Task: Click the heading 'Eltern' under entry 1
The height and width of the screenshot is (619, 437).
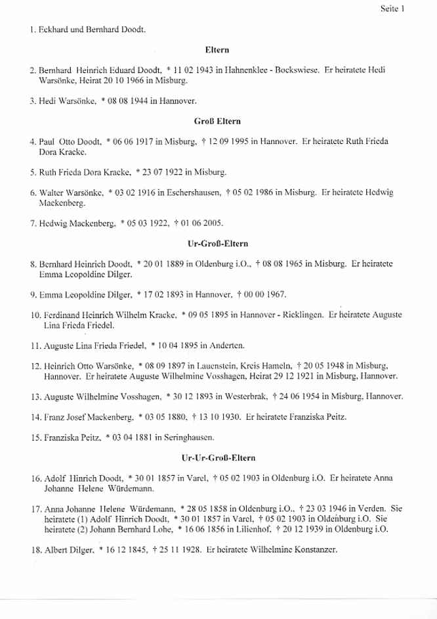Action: click(x=217, y=49)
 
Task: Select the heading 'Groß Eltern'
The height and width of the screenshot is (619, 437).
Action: click(x=216, y=122)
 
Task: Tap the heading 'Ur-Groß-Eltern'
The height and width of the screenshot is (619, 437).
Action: click(x=217, y=243)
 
